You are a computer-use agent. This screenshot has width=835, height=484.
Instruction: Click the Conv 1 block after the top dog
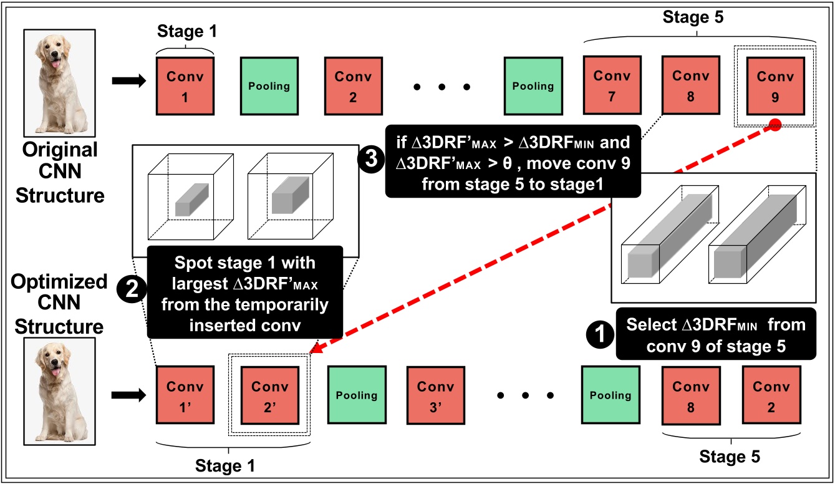(x=185, y=85)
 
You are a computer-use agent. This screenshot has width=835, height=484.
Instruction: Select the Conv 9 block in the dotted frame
(x=775, y=85)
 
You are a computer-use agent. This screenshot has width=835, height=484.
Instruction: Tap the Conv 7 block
(x=612, y=85)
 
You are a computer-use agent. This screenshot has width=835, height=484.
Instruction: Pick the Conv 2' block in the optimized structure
(x=269, y=395)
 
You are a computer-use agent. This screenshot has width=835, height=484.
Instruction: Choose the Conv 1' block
(x=185, y=395)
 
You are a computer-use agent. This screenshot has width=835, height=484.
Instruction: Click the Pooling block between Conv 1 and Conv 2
(x=269, y=85)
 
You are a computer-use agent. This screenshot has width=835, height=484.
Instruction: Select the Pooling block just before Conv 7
(x=533, y=85)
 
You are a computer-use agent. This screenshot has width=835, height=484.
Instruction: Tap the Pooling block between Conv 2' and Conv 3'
(x=356, y=395)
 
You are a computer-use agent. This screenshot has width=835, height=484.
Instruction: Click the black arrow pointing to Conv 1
(x=128, y=80)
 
